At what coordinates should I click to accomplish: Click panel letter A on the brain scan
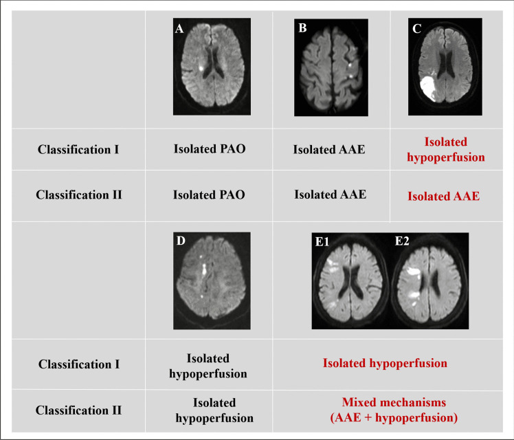pyautogui.click(x=181, y=29)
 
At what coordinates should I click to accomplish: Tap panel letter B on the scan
pyautogui.click(x=301, y=29)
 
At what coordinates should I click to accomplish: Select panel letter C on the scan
pyautogui.click(x=416, y=29)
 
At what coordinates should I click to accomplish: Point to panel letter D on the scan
pyautogui.click(x=180, y=241)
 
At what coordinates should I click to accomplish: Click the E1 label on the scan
pyautogui.click(x=323, y=242)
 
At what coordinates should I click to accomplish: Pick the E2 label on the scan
pyautogui.click(x=402, y=242)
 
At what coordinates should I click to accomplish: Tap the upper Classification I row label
pyautogui.click(x=78, y=149)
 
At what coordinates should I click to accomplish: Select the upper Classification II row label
pyautogui.click(x=78, y=195)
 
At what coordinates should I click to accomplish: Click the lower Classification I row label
pyautogui.click(x=78, y=364)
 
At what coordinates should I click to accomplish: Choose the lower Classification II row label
pyautogui.click(x=78, y=410)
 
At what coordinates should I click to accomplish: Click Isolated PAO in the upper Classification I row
pyautogui.click(x=210, y=149)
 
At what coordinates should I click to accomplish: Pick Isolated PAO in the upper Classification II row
pyautogui.click(x=210, y=195)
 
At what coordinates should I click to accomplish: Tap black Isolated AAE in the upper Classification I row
pyautogui.click(x=329, y=149)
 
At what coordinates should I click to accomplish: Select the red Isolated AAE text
pyautogui.click(x=443, y=196)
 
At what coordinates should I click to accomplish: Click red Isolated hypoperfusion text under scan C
pyautogui.click(x=445, y=149)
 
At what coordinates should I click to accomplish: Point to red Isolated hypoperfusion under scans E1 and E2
pyautogui.click(x=385, y=363)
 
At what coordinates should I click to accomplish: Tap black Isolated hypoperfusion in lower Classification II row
pyautogui.click(x=214, y=410)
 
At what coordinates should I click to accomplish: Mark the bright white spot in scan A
pyautogui.click(x=201, y=69)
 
